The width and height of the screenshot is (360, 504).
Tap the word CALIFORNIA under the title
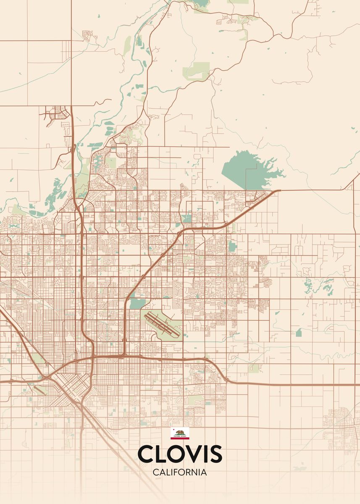(x=180, y=472)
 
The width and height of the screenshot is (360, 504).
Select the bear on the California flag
(x=180, y=432)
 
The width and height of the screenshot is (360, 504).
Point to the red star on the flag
(x=173, y=430)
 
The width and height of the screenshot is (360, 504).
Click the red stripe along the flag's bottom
(x=180, y=438)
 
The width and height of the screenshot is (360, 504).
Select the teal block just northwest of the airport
(x=137, y=303)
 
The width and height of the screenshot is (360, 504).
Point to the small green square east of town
(x=299, y=333)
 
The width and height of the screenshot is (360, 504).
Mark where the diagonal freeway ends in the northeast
(x=279, y=191)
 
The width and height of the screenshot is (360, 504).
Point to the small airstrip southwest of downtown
(x=40, y=390)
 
